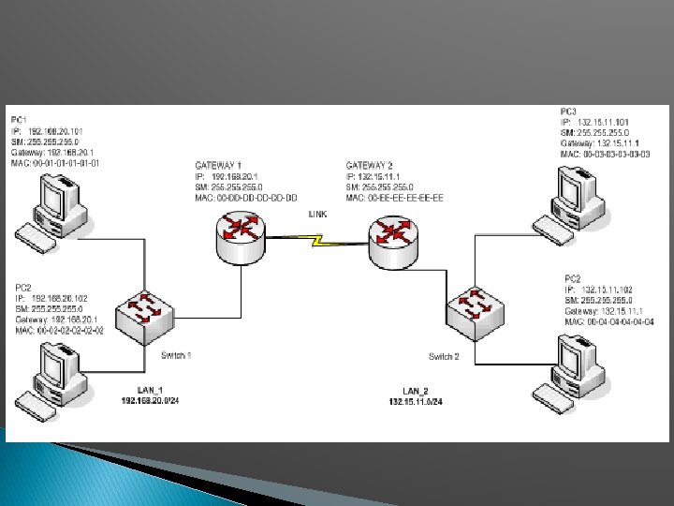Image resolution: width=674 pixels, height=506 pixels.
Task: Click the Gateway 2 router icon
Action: [x=392, y=241]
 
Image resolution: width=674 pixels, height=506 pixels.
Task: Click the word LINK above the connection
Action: [x=318, y=215]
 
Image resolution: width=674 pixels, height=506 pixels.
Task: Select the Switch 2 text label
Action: [x=444, y=356]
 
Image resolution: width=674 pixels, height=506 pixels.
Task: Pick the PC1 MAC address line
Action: [x=55, y=163]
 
